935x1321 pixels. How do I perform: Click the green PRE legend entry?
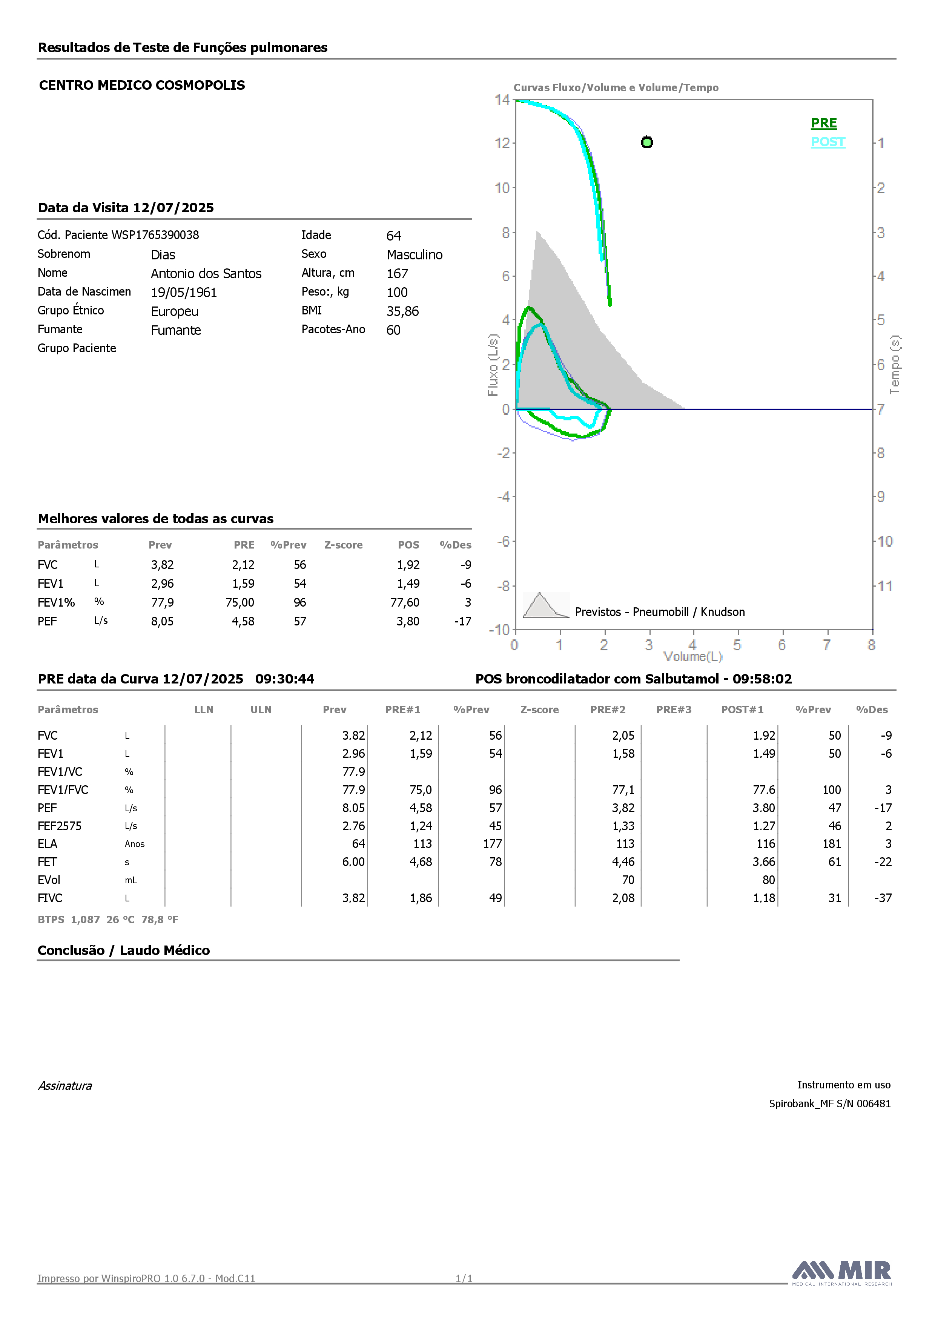(x=824, y=123)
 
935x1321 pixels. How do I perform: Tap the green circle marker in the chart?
(x=646, y=142)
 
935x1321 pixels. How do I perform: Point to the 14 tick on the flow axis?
(x=502, y=100)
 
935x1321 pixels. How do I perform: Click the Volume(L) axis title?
(x=692, y=656)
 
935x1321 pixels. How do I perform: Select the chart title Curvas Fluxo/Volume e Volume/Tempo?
(x=616, y=87)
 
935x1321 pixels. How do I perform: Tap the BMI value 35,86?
(x=402, y=311)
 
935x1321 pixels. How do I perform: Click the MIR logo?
(x=842, y=1272)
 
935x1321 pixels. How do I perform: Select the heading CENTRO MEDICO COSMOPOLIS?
(x=142, y=85)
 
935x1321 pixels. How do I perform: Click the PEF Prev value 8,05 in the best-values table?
(x=162, y=621)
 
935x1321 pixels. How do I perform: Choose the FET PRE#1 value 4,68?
(x=421, y=862)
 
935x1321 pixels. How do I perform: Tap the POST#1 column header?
(x=742, y=710)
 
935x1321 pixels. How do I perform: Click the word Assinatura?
(x=65, y=1086)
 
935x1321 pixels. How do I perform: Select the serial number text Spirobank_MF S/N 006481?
(x=830, y=1103)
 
